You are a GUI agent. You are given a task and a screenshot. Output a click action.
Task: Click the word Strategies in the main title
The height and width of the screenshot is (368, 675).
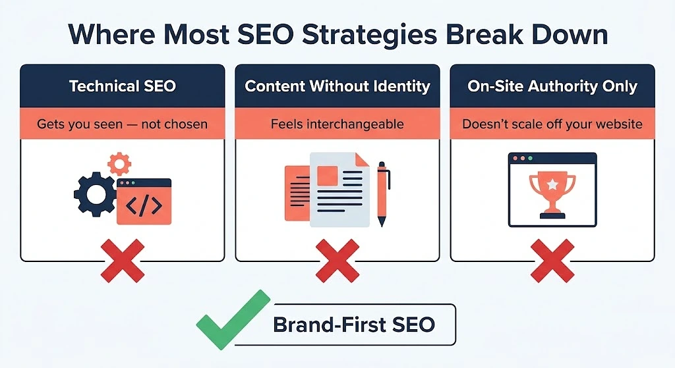[x=369, y=35]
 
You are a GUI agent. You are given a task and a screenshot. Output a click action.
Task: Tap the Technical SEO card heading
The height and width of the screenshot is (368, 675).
[x=123, y=86]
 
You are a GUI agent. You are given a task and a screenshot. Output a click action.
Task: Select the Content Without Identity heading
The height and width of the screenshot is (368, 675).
[x=337, y=86]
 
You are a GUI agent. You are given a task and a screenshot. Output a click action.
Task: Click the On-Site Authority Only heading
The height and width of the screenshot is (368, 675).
[x=552, y=86]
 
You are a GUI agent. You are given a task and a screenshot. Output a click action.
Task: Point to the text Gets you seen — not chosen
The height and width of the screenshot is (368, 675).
[x=122, y=124]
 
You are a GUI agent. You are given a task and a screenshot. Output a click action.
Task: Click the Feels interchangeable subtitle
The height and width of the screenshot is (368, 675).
[x=337, y=124]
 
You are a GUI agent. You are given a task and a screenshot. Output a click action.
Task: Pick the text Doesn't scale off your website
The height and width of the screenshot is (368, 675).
[x=552, y=124]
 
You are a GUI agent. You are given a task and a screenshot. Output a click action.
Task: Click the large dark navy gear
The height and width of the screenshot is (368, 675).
[x=95, y=194]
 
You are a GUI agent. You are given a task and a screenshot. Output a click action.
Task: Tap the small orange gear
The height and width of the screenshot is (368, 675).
[x=119, y=164]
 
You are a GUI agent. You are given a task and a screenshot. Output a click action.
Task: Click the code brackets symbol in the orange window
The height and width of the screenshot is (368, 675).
[x=144, y=205]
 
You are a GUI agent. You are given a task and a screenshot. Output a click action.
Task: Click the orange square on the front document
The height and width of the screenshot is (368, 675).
[x=327, y=176]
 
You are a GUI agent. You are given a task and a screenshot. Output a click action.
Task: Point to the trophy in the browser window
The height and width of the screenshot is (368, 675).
[x=552, y=195]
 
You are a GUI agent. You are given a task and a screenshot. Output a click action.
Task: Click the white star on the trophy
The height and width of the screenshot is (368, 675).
[x=552, y=185]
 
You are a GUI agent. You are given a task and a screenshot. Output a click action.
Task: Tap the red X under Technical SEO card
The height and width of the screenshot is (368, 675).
[x=123, y=261]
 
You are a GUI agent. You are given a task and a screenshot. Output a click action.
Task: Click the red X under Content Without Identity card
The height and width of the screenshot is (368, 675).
[x=337, y=261]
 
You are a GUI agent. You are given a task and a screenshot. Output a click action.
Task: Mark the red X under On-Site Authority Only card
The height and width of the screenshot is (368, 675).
[x=552, y=261]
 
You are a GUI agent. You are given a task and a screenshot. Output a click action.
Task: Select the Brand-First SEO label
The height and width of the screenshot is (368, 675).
[x=354, y=325]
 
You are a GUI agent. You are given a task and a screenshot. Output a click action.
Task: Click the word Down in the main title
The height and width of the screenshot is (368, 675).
[x=570, y=35]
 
